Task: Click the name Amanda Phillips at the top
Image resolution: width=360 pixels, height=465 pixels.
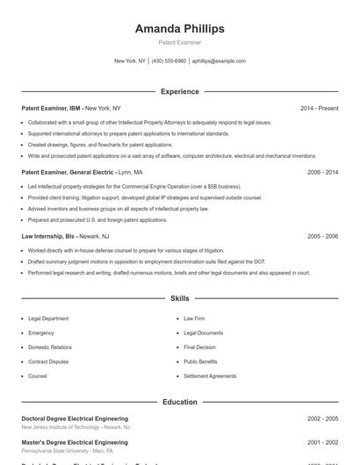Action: point(179,28)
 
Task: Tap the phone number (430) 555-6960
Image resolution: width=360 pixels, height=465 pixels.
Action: point(169,61)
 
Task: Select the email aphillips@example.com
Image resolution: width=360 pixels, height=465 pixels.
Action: point(219,61)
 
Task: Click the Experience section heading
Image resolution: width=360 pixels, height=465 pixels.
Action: point(179,91)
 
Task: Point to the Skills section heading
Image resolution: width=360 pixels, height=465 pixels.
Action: point(179,299)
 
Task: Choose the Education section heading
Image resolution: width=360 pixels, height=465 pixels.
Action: point(179,402)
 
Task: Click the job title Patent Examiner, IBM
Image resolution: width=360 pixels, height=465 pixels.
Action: point(51,108)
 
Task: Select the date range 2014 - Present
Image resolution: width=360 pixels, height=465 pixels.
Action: point(319,108)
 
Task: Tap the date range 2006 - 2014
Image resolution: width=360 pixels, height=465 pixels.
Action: point(322,173)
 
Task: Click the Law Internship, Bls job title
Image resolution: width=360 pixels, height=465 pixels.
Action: point(48,236)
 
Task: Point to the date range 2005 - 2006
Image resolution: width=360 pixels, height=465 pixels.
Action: point(322,236)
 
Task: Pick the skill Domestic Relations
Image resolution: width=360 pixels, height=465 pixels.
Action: point(50,347)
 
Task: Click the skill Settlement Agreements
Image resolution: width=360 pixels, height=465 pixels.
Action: point(210,376)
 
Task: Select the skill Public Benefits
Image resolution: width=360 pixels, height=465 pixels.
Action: point(201,361)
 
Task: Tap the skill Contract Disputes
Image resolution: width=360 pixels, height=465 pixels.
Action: point(49,361)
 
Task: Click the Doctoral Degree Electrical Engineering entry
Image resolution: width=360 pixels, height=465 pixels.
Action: point(75,419)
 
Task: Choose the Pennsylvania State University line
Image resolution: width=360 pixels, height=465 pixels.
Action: point(67,450)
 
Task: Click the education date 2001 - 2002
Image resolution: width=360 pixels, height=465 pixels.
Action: point(322,442)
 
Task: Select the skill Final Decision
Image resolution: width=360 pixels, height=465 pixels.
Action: point(200,347)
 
